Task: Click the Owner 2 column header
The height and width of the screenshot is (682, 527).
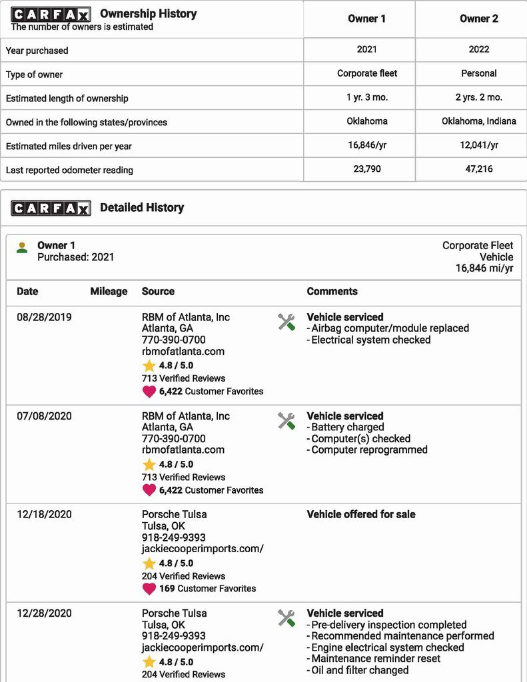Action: coord(478,19)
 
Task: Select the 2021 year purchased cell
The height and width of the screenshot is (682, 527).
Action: coord(366,49)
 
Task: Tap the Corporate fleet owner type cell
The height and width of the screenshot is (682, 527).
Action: coord(366,73)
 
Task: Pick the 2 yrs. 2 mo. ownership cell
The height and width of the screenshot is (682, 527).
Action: coord(478,97)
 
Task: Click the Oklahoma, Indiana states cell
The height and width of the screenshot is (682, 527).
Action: coord(478,121)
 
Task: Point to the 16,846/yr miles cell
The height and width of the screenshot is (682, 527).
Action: coord(366,145)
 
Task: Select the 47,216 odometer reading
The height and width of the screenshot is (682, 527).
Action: coord(478,169)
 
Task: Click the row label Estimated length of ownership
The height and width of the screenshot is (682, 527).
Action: coord(67,99)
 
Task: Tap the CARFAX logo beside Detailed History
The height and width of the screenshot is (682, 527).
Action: coord(51,208)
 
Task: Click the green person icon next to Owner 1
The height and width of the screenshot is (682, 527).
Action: coord(23,248)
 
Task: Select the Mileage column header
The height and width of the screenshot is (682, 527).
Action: coord(109,291)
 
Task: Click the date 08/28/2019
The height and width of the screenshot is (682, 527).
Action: coord(44,317)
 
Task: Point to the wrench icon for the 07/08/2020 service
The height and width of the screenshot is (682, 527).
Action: coord(286,421)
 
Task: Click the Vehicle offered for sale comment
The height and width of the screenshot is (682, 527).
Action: coord(360,514)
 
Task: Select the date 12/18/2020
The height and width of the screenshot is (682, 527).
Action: coord(44,514)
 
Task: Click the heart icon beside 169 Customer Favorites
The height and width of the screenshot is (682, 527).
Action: coord(149,589)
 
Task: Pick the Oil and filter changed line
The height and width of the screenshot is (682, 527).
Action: coord(360,670)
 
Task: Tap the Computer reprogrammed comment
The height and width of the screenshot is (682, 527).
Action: coord(369,450)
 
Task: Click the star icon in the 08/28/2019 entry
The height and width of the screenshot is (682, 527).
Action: coord(149,366)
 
